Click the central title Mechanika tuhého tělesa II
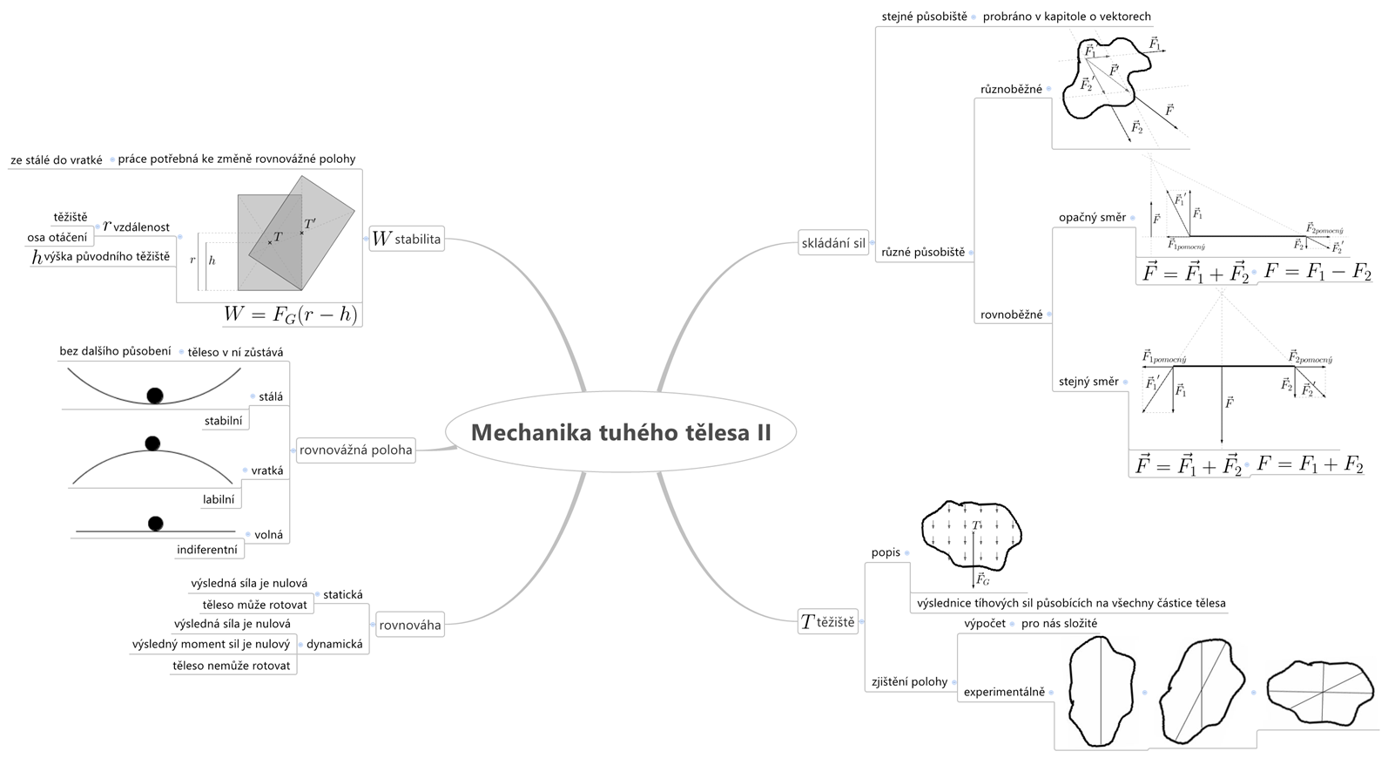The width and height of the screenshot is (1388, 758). (621, 432)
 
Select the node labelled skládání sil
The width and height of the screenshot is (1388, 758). (833, 243)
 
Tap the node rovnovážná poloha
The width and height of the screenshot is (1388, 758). (355, 450)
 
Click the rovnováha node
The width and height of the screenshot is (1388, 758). (409, 625)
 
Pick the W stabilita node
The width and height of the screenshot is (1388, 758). (407, 239)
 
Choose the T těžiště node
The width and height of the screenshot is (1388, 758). (828, 621)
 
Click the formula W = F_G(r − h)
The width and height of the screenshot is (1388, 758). (290, 315)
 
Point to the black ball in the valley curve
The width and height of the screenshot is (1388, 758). (155, 396)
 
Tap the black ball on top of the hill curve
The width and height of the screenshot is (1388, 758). (152, 443)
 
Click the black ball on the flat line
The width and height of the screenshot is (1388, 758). (156, 524)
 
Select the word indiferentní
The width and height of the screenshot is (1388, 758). (207, 550)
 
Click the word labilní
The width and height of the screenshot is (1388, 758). (219, 499)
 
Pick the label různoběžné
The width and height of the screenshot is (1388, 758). (1011, 89)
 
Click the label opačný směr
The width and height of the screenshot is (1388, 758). (1092, 217)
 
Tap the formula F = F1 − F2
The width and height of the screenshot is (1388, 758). (1317, 272)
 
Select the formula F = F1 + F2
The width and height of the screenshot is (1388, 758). (1310, 464)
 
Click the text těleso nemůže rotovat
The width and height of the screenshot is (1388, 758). (232, 666)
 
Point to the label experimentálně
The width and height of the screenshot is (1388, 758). (1004, 692)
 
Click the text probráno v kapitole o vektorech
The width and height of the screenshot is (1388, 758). (1067, 16)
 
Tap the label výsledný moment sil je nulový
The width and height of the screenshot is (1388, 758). (211, 645)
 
